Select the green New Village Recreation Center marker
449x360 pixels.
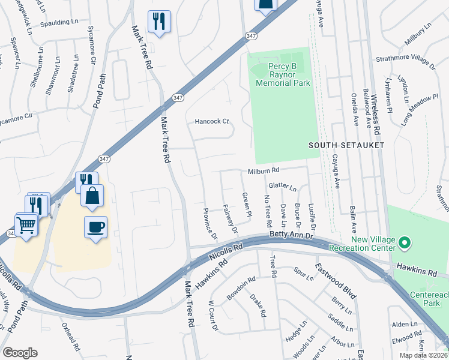pos(405,244)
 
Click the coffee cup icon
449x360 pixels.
pos(95,227)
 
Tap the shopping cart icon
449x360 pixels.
pos(26,226)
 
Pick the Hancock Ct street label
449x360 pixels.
pos(212,121)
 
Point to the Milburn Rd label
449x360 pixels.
pos(264,172)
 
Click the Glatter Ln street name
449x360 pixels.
pos(283,187)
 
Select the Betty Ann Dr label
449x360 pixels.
pos(292,235)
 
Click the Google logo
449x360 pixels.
pos(20,353)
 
